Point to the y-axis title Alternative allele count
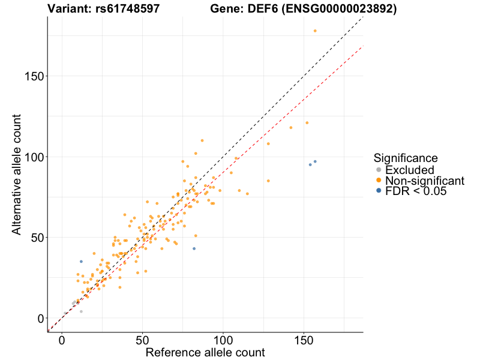pyautogui.click(x=17, y=174)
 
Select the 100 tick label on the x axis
pyautogui.click(x=223, y=339)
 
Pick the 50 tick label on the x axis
pyautogui.click(x=143, y=339)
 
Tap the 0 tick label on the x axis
pyautogui.click(x=62, y=339)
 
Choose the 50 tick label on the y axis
pyautogui.click(x=35, y=237)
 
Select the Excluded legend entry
pyautogui.click(x=409, y=170)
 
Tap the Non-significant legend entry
pyautogui.click(x=424, y=181)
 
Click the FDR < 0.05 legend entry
pyautogui.click(x=416, y=191)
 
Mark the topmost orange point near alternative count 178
pyautogui.click(x=315, y=31)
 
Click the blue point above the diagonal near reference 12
pyautogui.click(x=81, y=262)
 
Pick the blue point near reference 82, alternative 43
pyautogui.click(x=194, y=248)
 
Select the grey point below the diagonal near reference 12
pyautogui.click(x=81, y=311)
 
